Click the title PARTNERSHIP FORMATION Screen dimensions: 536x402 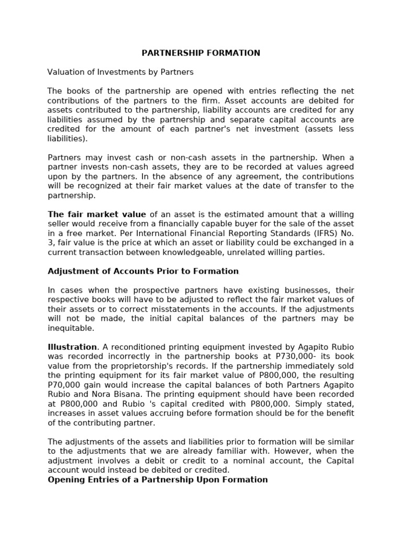(201, 53)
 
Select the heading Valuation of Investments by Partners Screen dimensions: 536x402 (120, 72)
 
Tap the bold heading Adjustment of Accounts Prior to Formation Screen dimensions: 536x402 (143, 271)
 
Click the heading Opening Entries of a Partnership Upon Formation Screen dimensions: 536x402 (158, 479)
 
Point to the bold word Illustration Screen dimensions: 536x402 (72, 347)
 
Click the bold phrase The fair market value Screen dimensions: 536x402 (97, 214)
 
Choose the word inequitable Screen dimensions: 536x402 (71, 328)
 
